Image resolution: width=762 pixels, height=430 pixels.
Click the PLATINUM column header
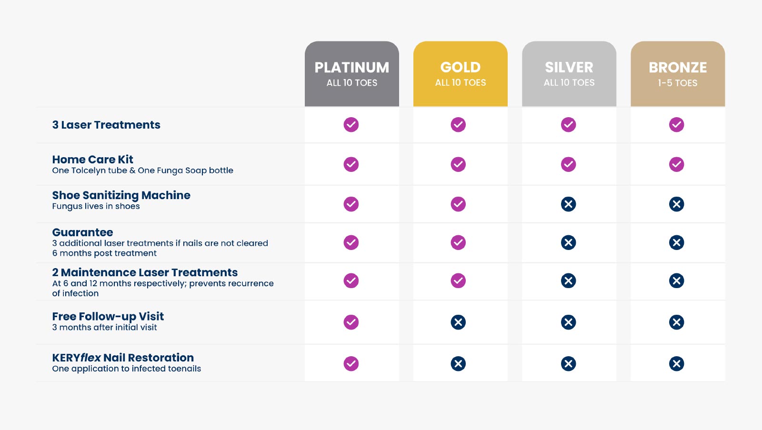tap(352, 68)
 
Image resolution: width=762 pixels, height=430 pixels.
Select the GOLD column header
tap(461, 68)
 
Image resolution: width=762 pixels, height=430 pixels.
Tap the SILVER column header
tap(569, 68)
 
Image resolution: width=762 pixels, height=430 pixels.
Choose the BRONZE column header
tap(678, 68)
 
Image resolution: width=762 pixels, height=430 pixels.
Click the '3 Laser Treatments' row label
tap(106, 125)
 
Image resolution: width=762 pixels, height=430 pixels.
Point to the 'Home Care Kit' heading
tap(93, 160)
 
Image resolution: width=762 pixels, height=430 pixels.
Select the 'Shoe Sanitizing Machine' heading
tap(121, 195)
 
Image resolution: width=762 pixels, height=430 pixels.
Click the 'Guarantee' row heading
tap(83, 232)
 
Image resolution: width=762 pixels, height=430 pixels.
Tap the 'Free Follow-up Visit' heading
tap(108, 317)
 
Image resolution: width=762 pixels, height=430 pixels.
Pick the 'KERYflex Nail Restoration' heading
tap(123, 358)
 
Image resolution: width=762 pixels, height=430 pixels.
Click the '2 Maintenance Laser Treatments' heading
tap(145, 272)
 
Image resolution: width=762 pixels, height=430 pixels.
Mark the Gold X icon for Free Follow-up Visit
tap(458, 322)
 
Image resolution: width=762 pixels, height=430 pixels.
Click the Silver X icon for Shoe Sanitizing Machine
tap(568, 204)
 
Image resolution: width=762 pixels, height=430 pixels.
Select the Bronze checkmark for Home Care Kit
tap(676, 164)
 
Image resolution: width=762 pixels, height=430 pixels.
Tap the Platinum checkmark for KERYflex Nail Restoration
tap(351, 364)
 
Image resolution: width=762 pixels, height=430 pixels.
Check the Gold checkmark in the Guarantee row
tap(458, 242)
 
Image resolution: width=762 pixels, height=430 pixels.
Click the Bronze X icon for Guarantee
tap(676, 242)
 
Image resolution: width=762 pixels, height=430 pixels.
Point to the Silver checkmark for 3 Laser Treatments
tap(568, 125)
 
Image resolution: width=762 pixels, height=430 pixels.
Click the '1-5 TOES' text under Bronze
tap(678, 83)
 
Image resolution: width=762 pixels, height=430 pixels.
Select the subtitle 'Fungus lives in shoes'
tap(96, 206)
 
